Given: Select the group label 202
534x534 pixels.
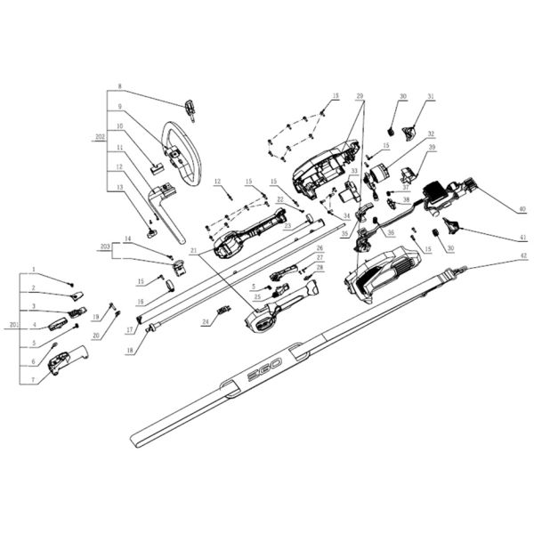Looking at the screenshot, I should (100, 139).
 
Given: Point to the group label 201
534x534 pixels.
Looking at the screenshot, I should (12, 325).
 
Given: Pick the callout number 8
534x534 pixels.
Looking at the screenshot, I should (118, 87).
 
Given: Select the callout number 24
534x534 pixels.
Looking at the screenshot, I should (204, 322).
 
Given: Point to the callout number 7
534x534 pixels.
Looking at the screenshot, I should (32, 380).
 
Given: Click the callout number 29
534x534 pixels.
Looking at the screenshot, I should (360, 93).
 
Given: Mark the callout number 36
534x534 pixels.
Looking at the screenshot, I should (390, 233).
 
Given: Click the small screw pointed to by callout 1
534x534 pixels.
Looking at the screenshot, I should (70, 281).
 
